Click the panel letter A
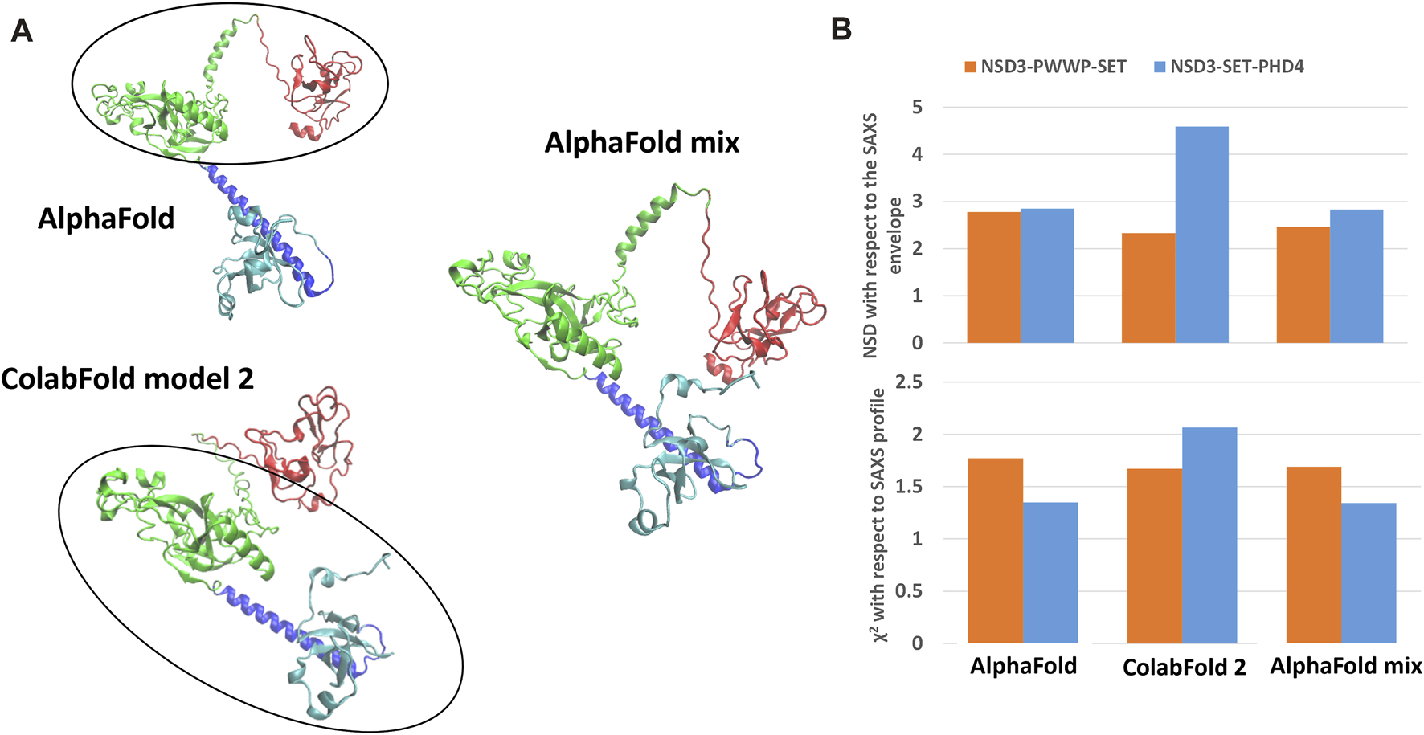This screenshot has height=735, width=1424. pyautogui.click(x=22, y=31)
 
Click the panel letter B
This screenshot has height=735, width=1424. pyautogui.click(x=841, y=30)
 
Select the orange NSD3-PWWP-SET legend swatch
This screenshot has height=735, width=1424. pyautogui.click(x=970, y=67)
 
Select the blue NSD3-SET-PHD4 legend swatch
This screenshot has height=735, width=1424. pyautogui.click(x=1160, y=67)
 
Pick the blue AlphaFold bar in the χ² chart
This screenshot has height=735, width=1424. pyautogui.click(x=1050, y=572)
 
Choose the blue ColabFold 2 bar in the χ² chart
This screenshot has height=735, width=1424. pyautogui.click(x=1209, y=535)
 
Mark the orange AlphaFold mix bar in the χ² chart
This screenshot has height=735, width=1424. pyautogui.click(x=1313, y=554)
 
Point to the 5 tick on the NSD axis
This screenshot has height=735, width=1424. pyautogui.click(x=917, y=107)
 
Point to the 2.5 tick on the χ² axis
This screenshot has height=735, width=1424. pyautogui.click(x=909, y=382)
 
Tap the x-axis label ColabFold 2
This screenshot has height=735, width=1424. pyautogui.click(x=1184, y=668)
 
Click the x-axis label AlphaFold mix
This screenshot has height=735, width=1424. pyautogui.click(x=1345, y=666)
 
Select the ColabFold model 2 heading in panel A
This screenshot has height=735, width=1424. pyautogui.click(x=127, y=378)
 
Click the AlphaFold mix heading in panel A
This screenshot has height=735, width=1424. pyautogui.click(x=641, y=143)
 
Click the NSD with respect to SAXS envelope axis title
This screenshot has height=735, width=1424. pyautogui.click(x=882, y=235)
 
